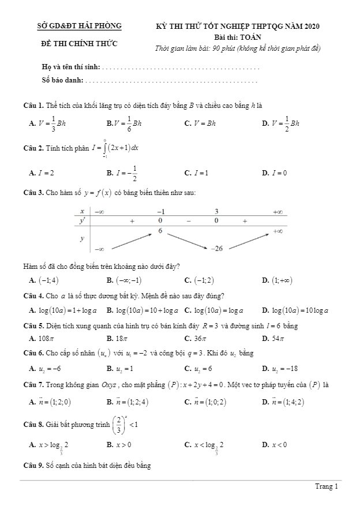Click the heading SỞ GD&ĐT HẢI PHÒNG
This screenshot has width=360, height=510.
pyautogui.click(x=79, y=27)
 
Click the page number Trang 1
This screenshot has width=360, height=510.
pyautogui.click(x=327, y=487)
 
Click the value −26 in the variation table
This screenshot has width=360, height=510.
pyautogui.click(x=216, y=248)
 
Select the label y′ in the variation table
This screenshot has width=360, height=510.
pyautogui.click(x=82, y=220)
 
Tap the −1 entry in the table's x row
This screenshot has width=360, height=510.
pyautogui.click(x=161, y=211)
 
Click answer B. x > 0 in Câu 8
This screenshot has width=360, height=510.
pyautogui.click(x=119, y=445)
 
